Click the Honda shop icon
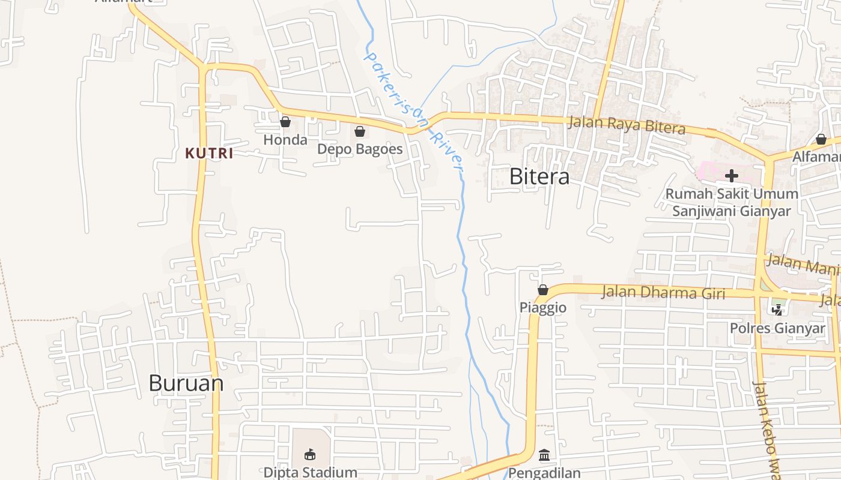(x=285, y=122)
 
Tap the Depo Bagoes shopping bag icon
(x=360, y=131)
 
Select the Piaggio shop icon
(x=543, y=290)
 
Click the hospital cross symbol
(x=732, y=176)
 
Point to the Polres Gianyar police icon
(x=777, y=310)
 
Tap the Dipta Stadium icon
(x=310, y=454)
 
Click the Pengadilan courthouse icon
(x=544, y=455)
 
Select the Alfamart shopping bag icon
(x=821, y=140)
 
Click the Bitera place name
(x=539, y=176)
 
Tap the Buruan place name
(x=186, y=383)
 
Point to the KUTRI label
(x=209, y=154)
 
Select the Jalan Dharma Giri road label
(x=663, y=293)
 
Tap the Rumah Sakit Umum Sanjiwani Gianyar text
(x=732, y=202)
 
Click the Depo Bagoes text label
(x=360, y=149)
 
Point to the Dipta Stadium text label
(x=311, y=472)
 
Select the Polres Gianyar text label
(x=777, y=328)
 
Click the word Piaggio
(x=543, y=308)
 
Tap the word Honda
(x=285, y=140)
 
